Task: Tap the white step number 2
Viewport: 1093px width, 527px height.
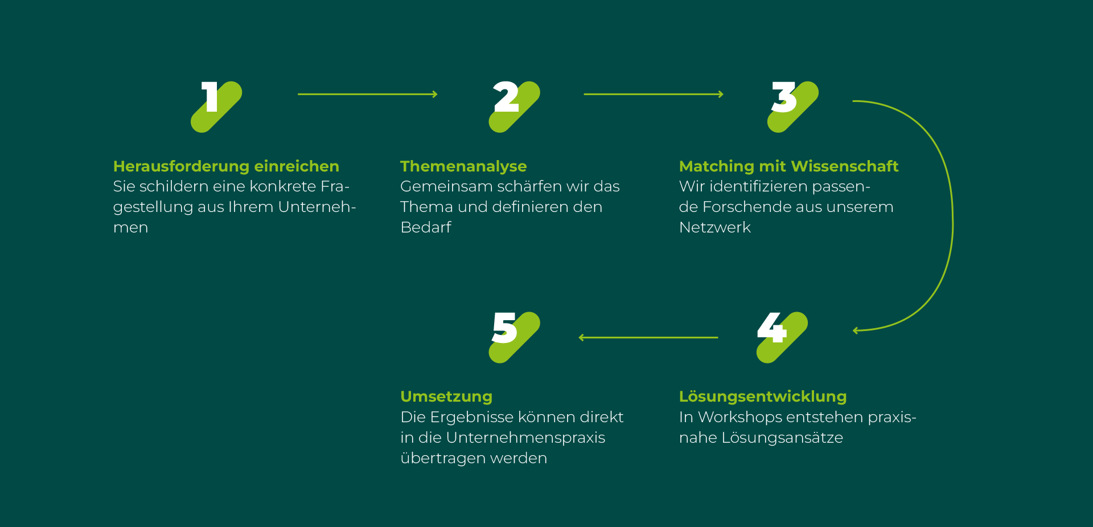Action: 506,97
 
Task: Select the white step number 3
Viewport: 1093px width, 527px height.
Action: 784,97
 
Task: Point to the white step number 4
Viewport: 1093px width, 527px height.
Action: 771,328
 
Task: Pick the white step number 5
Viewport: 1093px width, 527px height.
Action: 504,328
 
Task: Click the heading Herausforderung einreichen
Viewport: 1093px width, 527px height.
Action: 226,166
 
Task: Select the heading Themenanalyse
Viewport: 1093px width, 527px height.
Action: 463,166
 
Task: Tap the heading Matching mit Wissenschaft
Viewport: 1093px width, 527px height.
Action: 788,166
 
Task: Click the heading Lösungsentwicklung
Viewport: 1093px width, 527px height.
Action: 763,397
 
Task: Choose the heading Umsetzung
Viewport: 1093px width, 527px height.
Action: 446,397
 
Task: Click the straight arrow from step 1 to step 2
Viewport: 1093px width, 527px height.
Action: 367,94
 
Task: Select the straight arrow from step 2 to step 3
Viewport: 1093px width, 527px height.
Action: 653,94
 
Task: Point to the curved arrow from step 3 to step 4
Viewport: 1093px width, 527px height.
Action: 952,216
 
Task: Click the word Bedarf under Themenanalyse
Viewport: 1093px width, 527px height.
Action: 426,227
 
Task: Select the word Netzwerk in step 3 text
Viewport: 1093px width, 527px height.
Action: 715,227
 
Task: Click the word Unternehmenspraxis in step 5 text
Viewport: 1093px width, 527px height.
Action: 525,438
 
